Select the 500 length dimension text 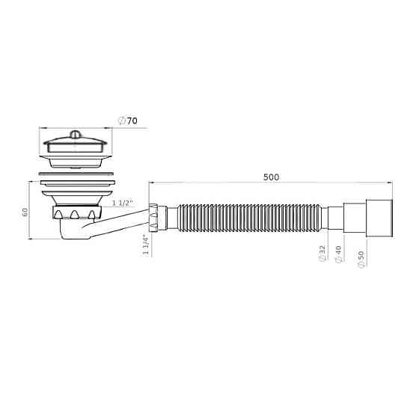point(271,177)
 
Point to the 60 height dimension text point(25,212)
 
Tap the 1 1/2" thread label point(123,203)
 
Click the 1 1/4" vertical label point(144,245)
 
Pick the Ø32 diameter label point(322,253)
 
